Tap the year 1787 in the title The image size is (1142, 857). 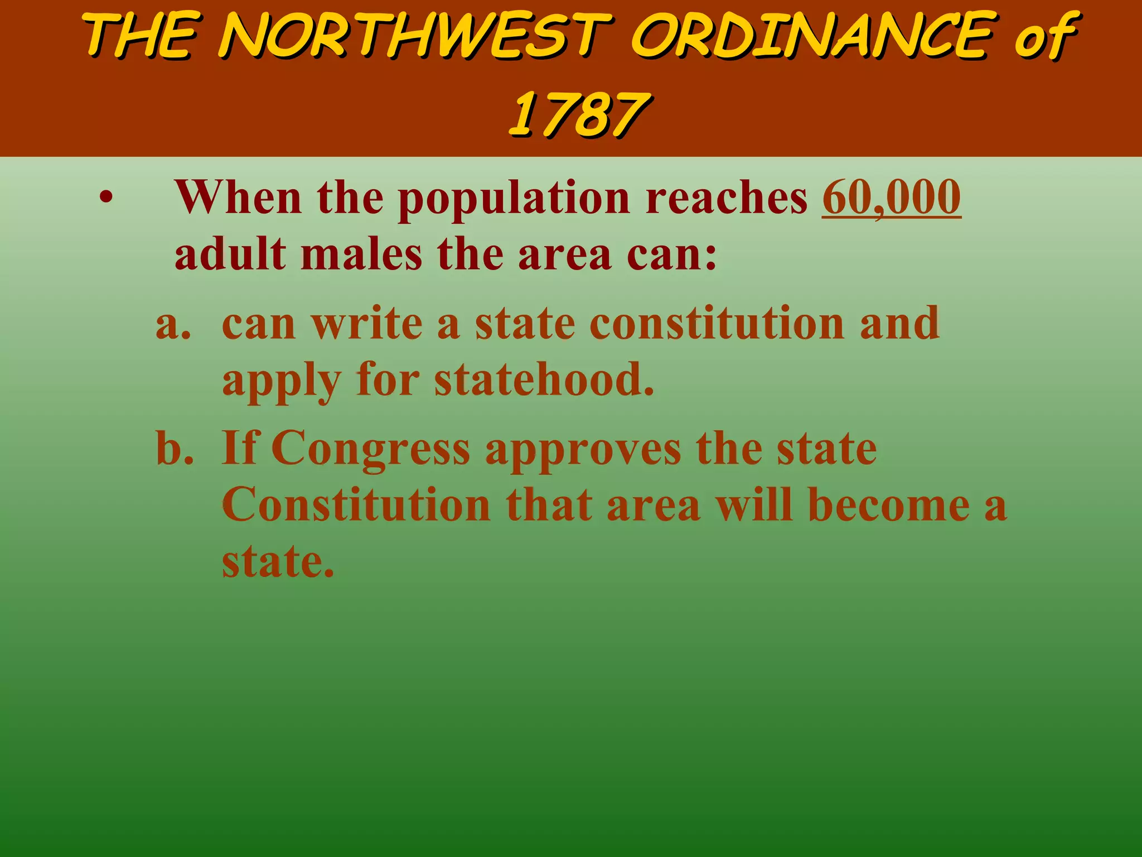coord(578,114)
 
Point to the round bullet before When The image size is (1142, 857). coord(106,198)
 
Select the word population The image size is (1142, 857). coord(513,199)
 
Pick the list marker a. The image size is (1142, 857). coord(172,324)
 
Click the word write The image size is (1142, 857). coord(366,324)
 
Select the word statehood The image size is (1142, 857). coord(543,380)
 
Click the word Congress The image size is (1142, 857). coord(370,450)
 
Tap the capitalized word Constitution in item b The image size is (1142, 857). coord(356,505)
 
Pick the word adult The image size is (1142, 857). coord(230,254)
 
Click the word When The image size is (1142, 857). coord(238,198)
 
